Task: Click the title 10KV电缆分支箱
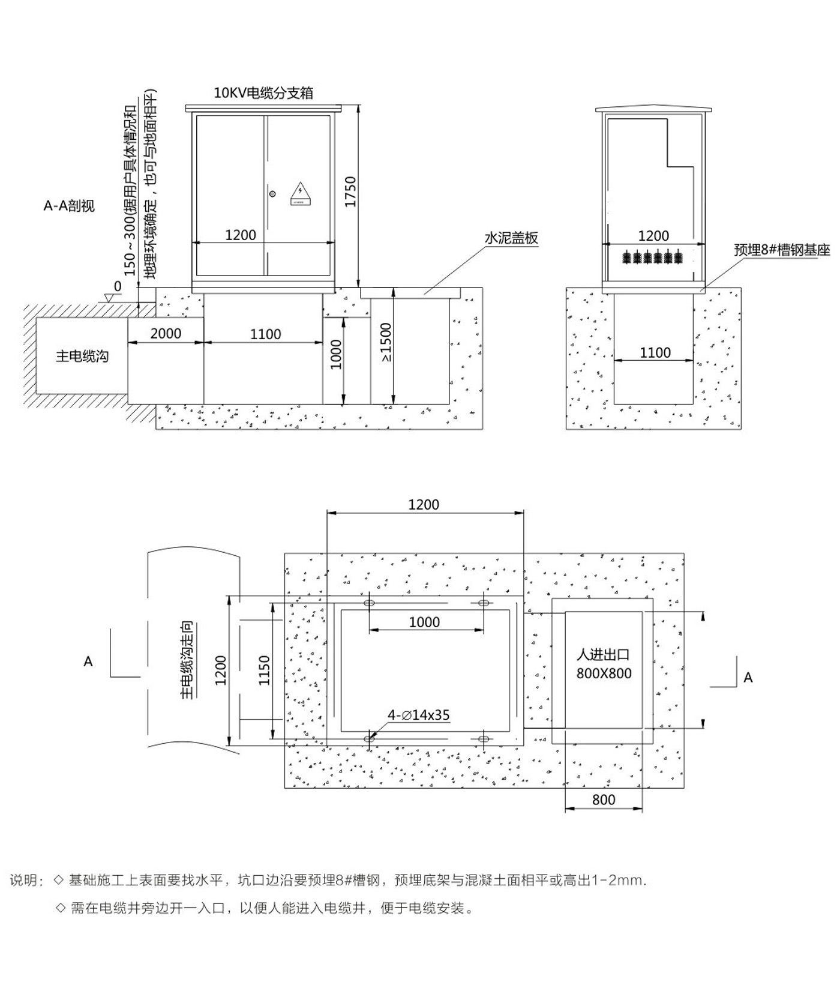(263, 93)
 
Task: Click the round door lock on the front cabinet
(273, 194)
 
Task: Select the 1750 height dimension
(350, 191)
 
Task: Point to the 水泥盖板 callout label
(511, 238)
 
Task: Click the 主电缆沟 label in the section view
(82, 356)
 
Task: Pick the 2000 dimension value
(166, 333)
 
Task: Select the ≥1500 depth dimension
(386, 343)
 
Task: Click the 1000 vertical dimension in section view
(336, 354)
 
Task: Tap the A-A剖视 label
(69, 206)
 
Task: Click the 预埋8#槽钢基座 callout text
(781, 250)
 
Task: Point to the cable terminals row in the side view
(653, 257)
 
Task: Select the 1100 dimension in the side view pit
(655, 352)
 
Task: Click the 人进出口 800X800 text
(604, 664)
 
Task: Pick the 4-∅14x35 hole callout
(418, 715)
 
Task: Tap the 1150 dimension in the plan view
(264, 670)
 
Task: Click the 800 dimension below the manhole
(604, 800)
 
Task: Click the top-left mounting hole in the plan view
(370, 602)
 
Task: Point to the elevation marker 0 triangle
(110, 297)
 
